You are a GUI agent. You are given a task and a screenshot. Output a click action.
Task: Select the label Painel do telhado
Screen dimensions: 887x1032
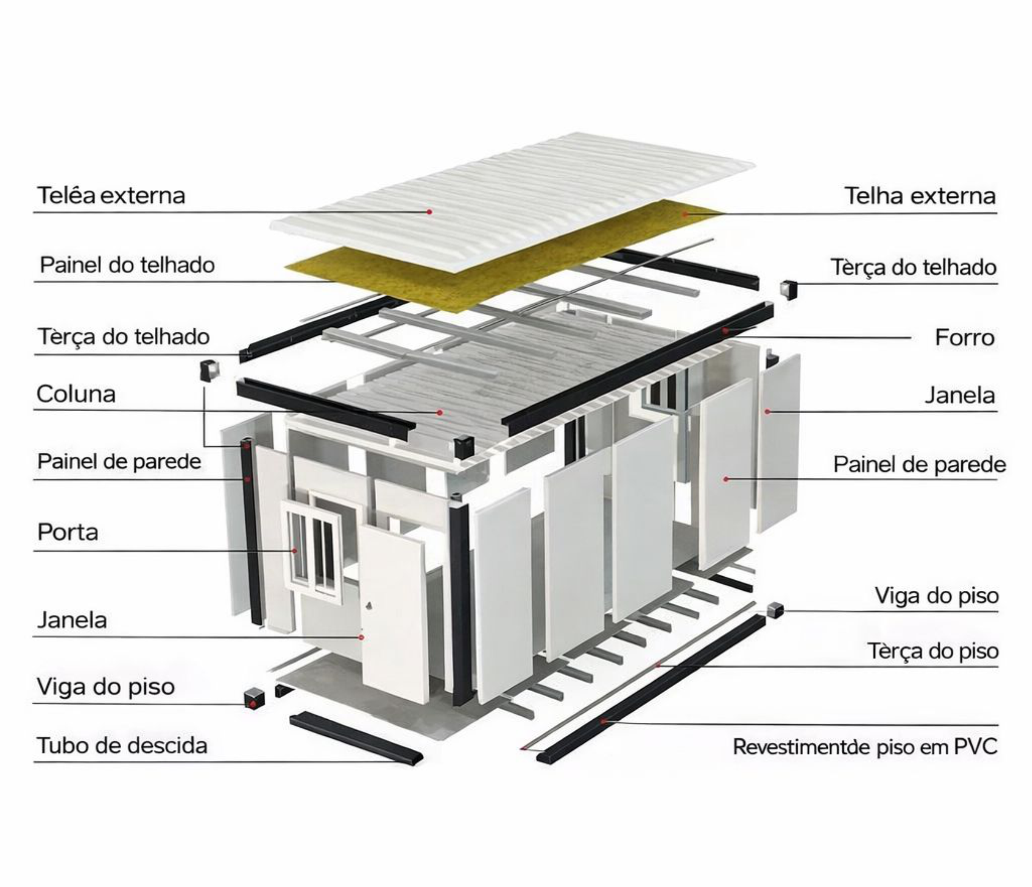coord(127,265)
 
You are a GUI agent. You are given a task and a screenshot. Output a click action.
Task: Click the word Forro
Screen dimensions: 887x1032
coord(964,338)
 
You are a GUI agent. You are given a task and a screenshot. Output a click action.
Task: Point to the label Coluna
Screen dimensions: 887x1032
coord(76,394)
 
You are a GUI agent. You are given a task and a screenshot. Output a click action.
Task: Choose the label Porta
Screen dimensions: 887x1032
coord(68,532)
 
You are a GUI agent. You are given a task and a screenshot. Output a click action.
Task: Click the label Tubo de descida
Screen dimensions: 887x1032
coord(122,746)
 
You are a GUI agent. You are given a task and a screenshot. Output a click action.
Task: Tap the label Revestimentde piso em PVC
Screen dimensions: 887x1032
coord(865,747)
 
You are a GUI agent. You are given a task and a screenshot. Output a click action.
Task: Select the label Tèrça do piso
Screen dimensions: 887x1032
coord(933,651)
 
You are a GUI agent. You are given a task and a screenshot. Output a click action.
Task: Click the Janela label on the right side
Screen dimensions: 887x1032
coord(960,395)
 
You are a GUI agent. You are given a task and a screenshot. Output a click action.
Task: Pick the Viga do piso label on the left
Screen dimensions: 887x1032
coord(105,687)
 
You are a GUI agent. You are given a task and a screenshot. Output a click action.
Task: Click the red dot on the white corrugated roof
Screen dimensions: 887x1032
coord(429,212)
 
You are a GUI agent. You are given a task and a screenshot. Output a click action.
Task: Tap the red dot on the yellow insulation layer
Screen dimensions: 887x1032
coord(685,214)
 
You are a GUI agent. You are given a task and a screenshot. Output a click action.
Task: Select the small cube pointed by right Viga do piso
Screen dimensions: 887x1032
coord(775,609)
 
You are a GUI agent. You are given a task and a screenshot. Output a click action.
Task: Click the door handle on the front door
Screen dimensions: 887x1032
coord(368,606)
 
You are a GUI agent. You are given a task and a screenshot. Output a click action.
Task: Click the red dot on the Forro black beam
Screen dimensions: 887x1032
coord(726,330)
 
